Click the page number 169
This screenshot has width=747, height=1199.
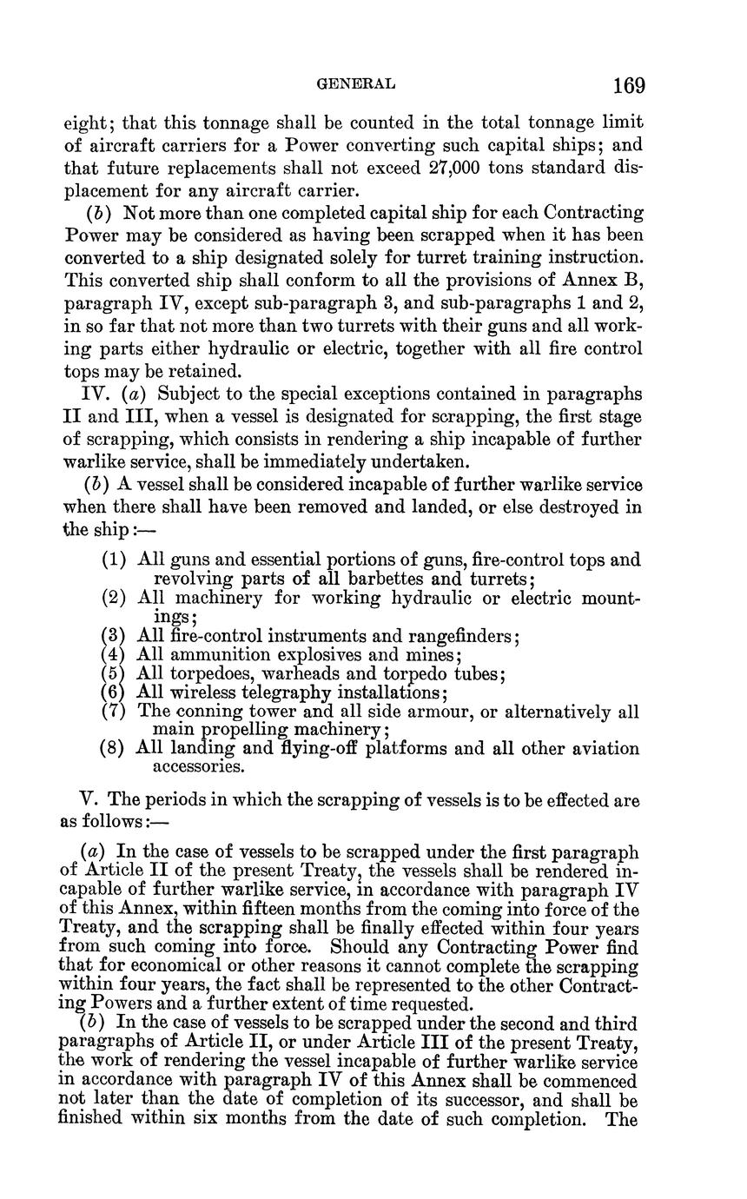628,85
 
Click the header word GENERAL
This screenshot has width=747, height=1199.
356,84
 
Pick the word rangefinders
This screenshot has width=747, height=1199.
466,636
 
